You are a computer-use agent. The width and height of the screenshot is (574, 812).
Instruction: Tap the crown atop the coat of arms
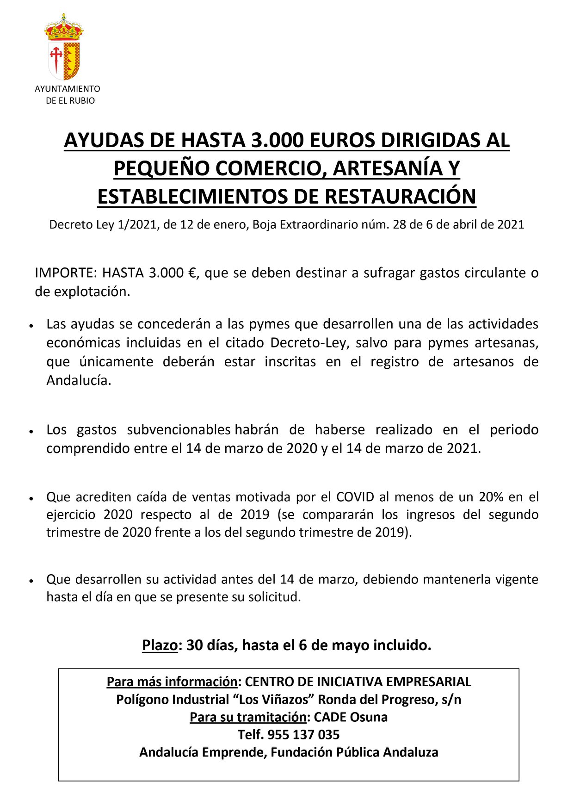pos(64,29)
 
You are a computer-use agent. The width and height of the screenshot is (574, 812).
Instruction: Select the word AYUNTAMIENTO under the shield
pos(67,88)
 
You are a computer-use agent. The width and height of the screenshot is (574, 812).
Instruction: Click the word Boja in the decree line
pos(264,225)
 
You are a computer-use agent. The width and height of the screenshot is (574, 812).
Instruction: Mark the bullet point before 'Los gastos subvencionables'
pos(31,431)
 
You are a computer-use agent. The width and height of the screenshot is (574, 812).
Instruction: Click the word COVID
pos(355,497)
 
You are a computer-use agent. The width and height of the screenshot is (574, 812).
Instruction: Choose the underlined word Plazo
pos(160,645)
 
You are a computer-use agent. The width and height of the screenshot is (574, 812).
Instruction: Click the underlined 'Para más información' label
pos(172,682)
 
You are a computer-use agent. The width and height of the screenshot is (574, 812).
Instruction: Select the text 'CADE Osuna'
pos(351,717)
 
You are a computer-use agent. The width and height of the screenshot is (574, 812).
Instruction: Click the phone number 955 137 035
pos(303,735)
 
